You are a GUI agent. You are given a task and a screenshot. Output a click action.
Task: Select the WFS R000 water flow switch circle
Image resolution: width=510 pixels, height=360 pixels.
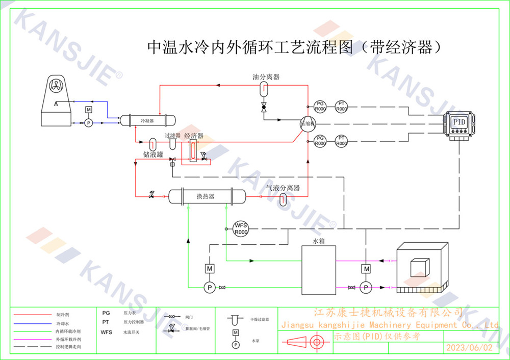240,228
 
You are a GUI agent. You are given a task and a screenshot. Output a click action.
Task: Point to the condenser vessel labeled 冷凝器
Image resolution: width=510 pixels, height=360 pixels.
147,120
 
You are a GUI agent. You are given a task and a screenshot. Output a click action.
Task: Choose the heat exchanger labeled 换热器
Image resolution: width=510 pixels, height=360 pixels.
206,196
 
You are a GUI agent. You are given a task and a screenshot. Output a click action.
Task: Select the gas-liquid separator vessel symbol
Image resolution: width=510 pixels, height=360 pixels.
284,199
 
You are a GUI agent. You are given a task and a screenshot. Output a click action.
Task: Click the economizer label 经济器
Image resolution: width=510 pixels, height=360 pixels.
194,136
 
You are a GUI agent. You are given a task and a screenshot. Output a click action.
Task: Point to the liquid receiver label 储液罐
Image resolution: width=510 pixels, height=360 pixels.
153,154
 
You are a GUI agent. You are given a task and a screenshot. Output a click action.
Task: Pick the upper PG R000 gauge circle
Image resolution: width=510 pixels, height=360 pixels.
320,107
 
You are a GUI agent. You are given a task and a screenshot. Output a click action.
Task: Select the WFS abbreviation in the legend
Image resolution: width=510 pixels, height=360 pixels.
106,331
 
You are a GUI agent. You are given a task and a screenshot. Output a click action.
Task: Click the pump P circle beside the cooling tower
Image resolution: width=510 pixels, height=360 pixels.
88,123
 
